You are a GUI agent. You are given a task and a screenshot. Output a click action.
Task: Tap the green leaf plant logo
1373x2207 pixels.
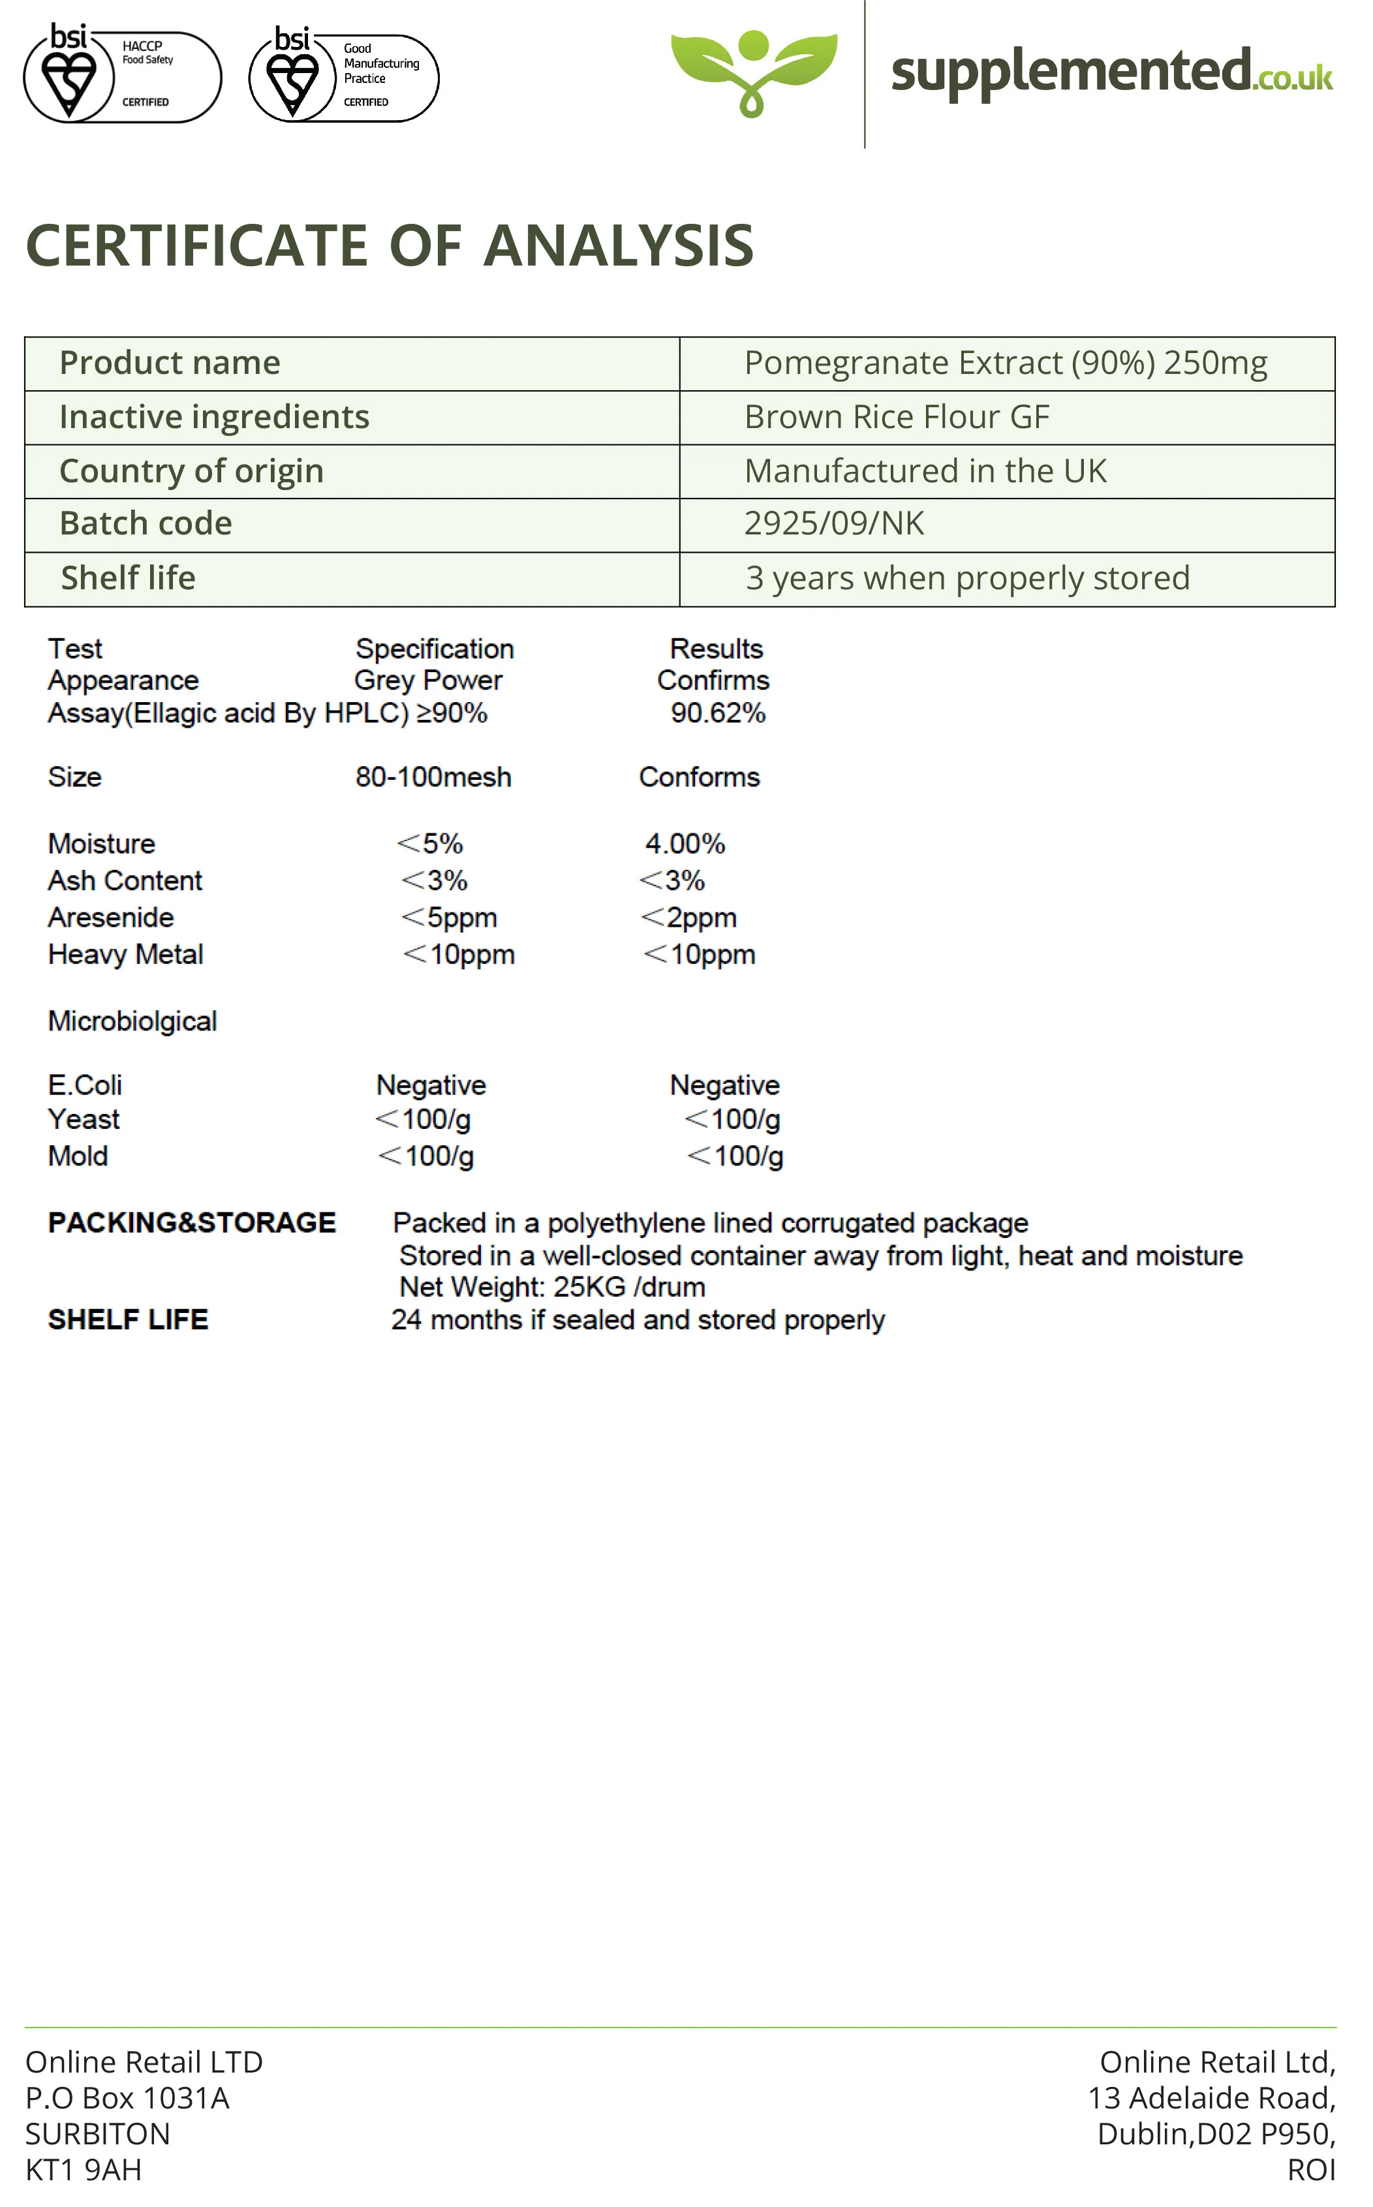(753, 71)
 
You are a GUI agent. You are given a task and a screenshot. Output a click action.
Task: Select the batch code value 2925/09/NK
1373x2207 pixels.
(833, 524)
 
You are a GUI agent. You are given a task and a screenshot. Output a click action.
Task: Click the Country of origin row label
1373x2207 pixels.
(192, 471)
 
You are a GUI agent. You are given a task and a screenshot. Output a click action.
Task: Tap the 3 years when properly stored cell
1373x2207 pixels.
(967, 578)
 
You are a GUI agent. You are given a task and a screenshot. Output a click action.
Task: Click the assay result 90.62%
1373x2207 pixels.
(717, 713)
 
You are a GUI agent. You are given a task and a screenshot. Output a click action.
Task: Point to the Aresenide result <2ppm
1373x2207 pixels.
(688, 917)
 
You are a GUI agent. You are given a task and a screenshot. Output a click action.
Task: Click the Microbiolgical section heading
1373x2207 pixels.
(132, 1021)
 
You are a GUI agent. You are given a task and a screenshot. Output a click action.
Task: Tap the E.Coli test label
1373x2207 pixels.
(84, 1085)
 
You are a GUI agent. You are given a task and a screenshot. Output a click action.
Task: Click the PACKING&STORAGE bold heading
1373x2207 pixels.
(192, 1223)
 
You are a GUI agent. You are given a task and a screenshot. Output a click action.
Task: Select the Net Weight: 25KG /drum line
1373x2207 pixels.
(552, 1288)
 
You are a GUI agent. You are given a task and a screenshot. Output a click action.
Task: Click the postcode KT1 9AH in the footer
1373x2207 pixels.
(84, 2170)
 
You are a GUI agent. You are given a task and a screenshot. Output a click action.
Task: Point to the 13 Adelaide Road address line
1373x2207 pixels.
(1211, 2098)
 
